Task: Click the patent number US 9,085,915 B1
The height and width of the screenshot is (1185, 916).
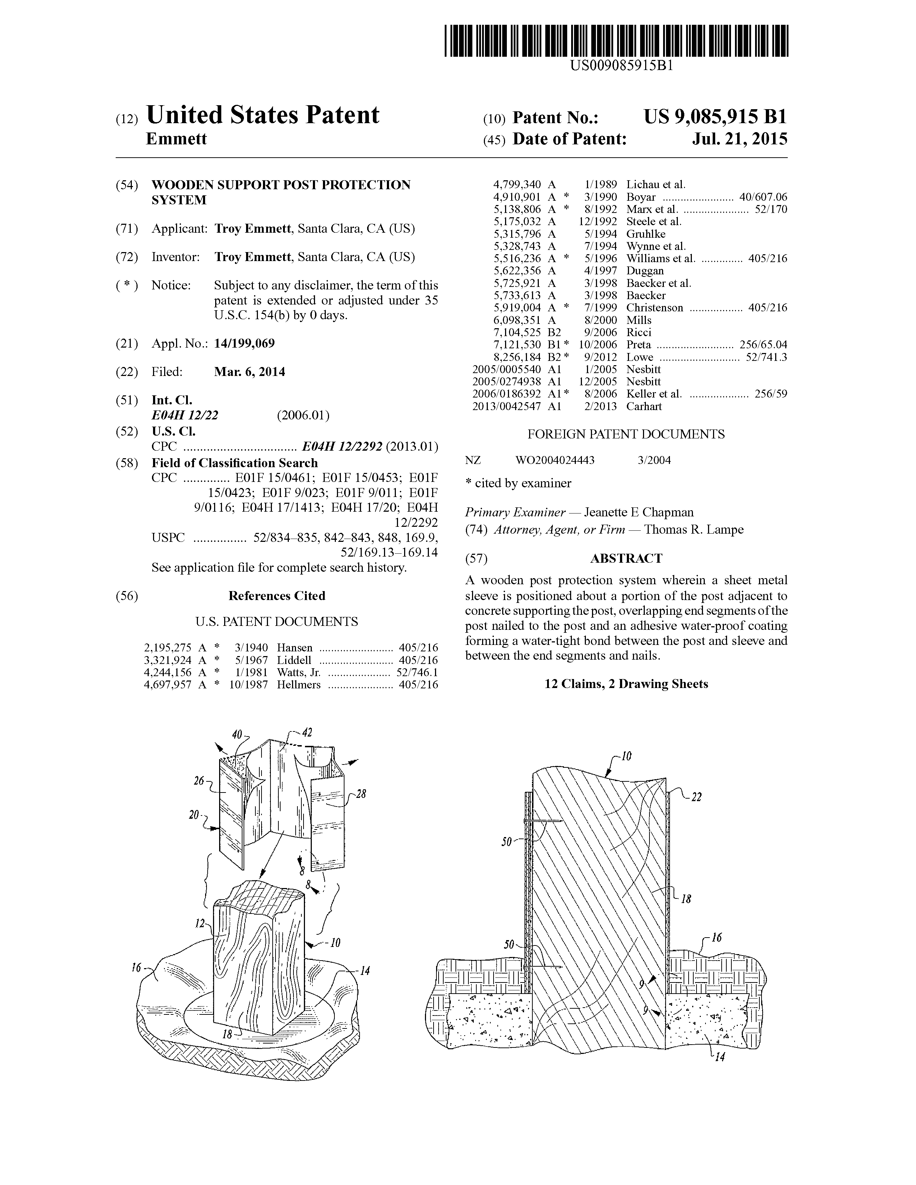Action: (715, 117)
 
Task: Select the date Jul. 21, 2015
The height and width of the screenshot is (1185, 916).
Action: (740, 139)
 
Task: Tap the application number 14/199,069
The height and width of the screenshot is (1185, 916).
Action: (244, 343)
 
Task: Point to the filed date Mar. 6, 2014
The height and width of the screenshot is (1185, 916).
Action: (250, 372)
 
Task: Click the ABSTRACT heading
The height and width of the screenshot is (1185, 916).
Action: (626, 558)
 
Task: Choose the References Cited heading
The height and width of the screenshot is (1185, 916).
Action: (277, 596)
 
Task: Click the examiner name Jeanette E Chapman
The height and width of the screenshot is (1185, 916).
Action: (638, 513)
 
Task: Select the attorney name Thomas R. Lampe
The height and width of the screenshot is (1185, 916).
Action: (694, 530)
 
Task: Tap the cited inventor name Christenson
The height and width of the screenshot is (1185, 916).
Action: (655, 308)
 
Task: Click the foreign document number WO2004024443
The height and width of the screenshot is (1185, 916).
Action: (555, 461)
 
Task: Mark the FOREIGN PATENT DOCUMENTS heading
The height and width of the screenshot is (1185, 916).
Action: (626, 434)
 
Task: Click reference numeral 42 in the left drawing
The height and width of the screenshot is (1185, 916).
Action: (307, 733)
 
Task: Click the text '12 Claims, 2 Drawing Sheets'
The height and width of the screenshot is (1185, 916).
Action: (626, 684)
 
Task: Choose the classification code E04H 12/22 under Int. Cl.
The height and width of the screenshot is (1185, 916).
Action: (185, 415)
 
